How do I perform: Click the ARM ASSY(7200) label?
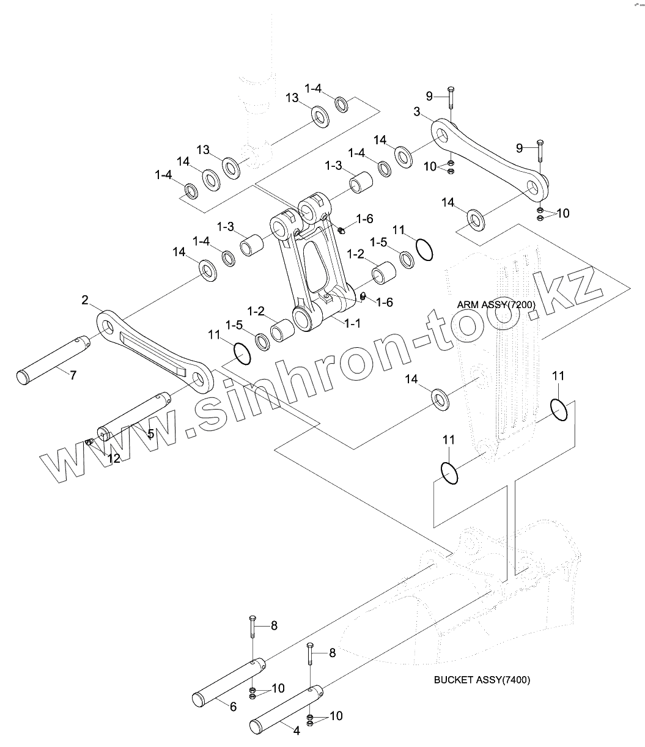click(x=496, y=304)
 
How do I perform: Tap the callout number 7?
click(x=73, y=375)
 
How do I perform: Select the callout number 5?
click(x=150, y=433)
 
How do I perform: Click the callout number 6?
click(x=233, y=707)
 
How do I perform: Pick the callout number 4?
click(x=297, y=730)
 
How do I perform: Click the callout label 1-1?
click(x=352, y=323)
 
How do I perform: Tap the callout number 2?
click(x=85, y=300)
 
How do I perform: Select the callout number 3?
click(x=433, y=111)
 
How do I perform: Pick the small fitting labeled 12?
click(x=89, y=442)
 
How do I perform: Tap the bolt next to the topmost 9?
click(x=449, y=101)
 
